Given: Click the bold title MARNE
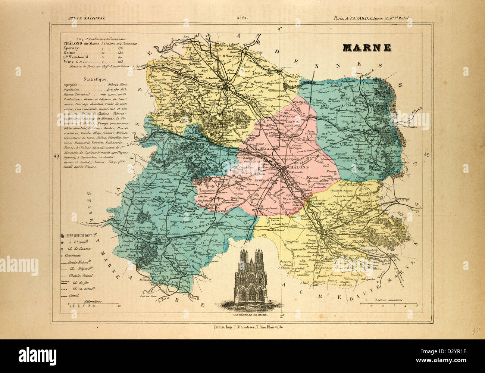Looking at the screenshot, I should (367, 48).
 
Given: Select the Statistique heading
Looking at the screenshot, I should (96, 79).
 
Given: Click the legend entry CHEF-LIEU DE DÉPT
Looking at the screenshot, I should (79, 236).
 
